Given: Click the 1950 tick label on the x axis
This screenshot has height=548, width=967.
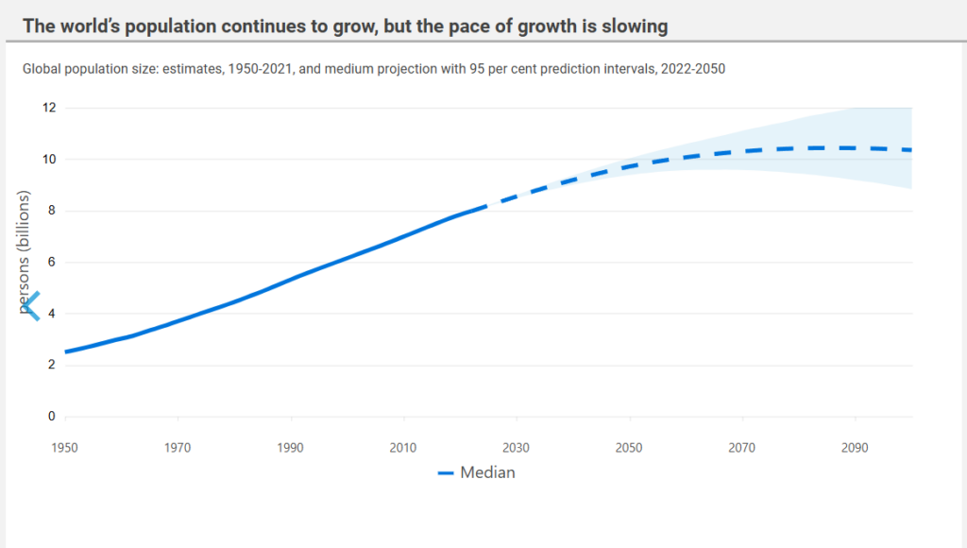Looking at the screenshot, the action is pyautogui.click(x=64, y=448).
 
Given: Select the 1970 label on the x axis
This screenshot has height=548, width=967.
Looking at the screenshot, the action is pyautogui.click(x=178, y=448).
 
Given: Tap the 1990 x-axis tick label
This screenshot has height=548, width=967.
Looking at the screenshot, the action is pyautogui.click(x=290, y=448).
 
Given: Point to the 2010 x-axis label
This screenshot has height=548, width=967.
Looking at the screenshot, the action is pyautogui.click(x=402, y=448).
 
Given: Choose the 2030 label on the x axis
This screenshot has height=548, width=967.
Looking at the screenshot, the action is pyautogui.click(x=516, y=448).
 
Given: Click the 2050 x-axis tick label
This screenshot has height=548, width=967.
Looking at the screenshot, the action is pyautogui.click(x=628, y=448).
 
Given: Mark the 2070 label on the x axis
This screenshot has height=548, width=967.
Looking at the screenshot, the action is pyautogui.click(x=741, y=448).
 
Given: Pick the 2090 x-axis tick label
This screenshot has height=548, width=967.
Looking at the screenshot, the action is pyautogui.click(x=854, y=448).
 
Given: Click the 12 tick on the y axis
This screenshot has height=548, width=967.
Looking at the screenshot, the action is pyautogui.click(x=49, y=108).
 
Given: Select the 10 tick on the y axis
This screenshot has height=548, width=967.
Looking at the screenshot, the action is pyautogui.click(x=49, y=160).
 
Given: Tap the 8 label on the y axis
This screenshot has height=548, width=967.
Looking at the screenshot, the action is pyautogui.click(x=52, y=211).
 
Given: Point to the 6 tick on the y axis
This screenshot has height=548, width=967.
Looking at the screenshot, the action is pyautogui.click(x=52, y=262).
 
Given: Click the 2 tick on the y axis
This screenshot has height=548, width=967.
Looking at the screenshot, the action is pyautogui.click(x=52, y=364).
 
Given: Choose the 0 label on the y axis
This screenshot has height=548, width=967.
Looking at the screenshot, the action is pyautogui.click(x=52, y=416).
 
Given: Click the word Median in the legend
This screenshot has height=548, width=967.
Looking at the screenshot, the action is pyautogui.click(x=487, y=472).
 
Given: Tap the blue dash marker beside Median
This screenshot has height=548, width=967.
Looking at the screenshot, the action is pyautogui.click(x=446, y=473).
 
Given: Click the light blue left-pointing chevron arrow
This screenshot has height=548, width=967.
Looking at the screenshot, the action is pyautogui.click(x=31, y=306).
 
